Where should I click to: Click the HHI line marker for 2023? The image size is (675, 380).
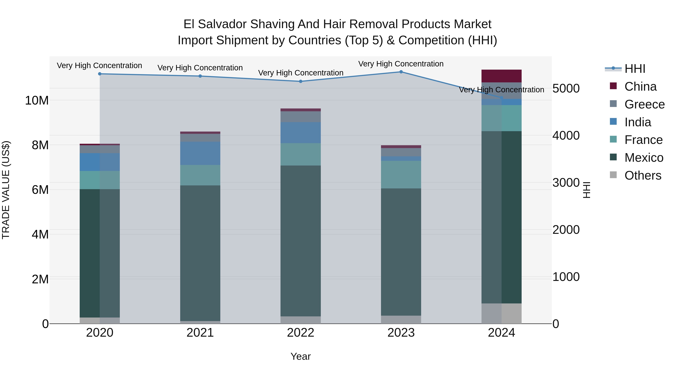click(x=401, y=72)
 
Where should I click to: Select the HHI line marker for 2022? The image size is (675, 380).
click(x=301, y=81)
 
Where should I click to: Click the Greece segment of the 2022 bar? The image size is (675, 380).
click(x=301, y=117)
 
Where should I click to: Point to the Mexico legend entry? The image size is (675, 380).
click(x=643, y=158)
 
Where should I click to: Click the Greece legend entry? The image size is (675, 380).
click(x=644, y=104)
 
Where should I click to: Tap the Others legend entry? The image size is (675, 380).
click(x=643, y=175)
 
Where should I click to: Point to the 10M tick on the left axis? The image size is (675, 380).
click(x=37, y=100)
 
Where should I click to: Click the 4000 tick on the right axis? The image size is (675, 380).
click(x=566, y=136)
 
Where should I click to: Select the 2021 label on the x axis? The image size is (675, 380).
click(x=200, y=333)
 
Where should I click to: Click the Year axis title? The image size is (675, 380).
click(x=301, y=356)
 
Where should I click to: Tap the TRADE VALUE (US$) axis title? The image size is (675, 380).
click(x=6, y=190)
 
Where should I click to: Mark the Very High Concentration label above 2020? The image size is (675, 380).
click(x=99, y=65)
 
